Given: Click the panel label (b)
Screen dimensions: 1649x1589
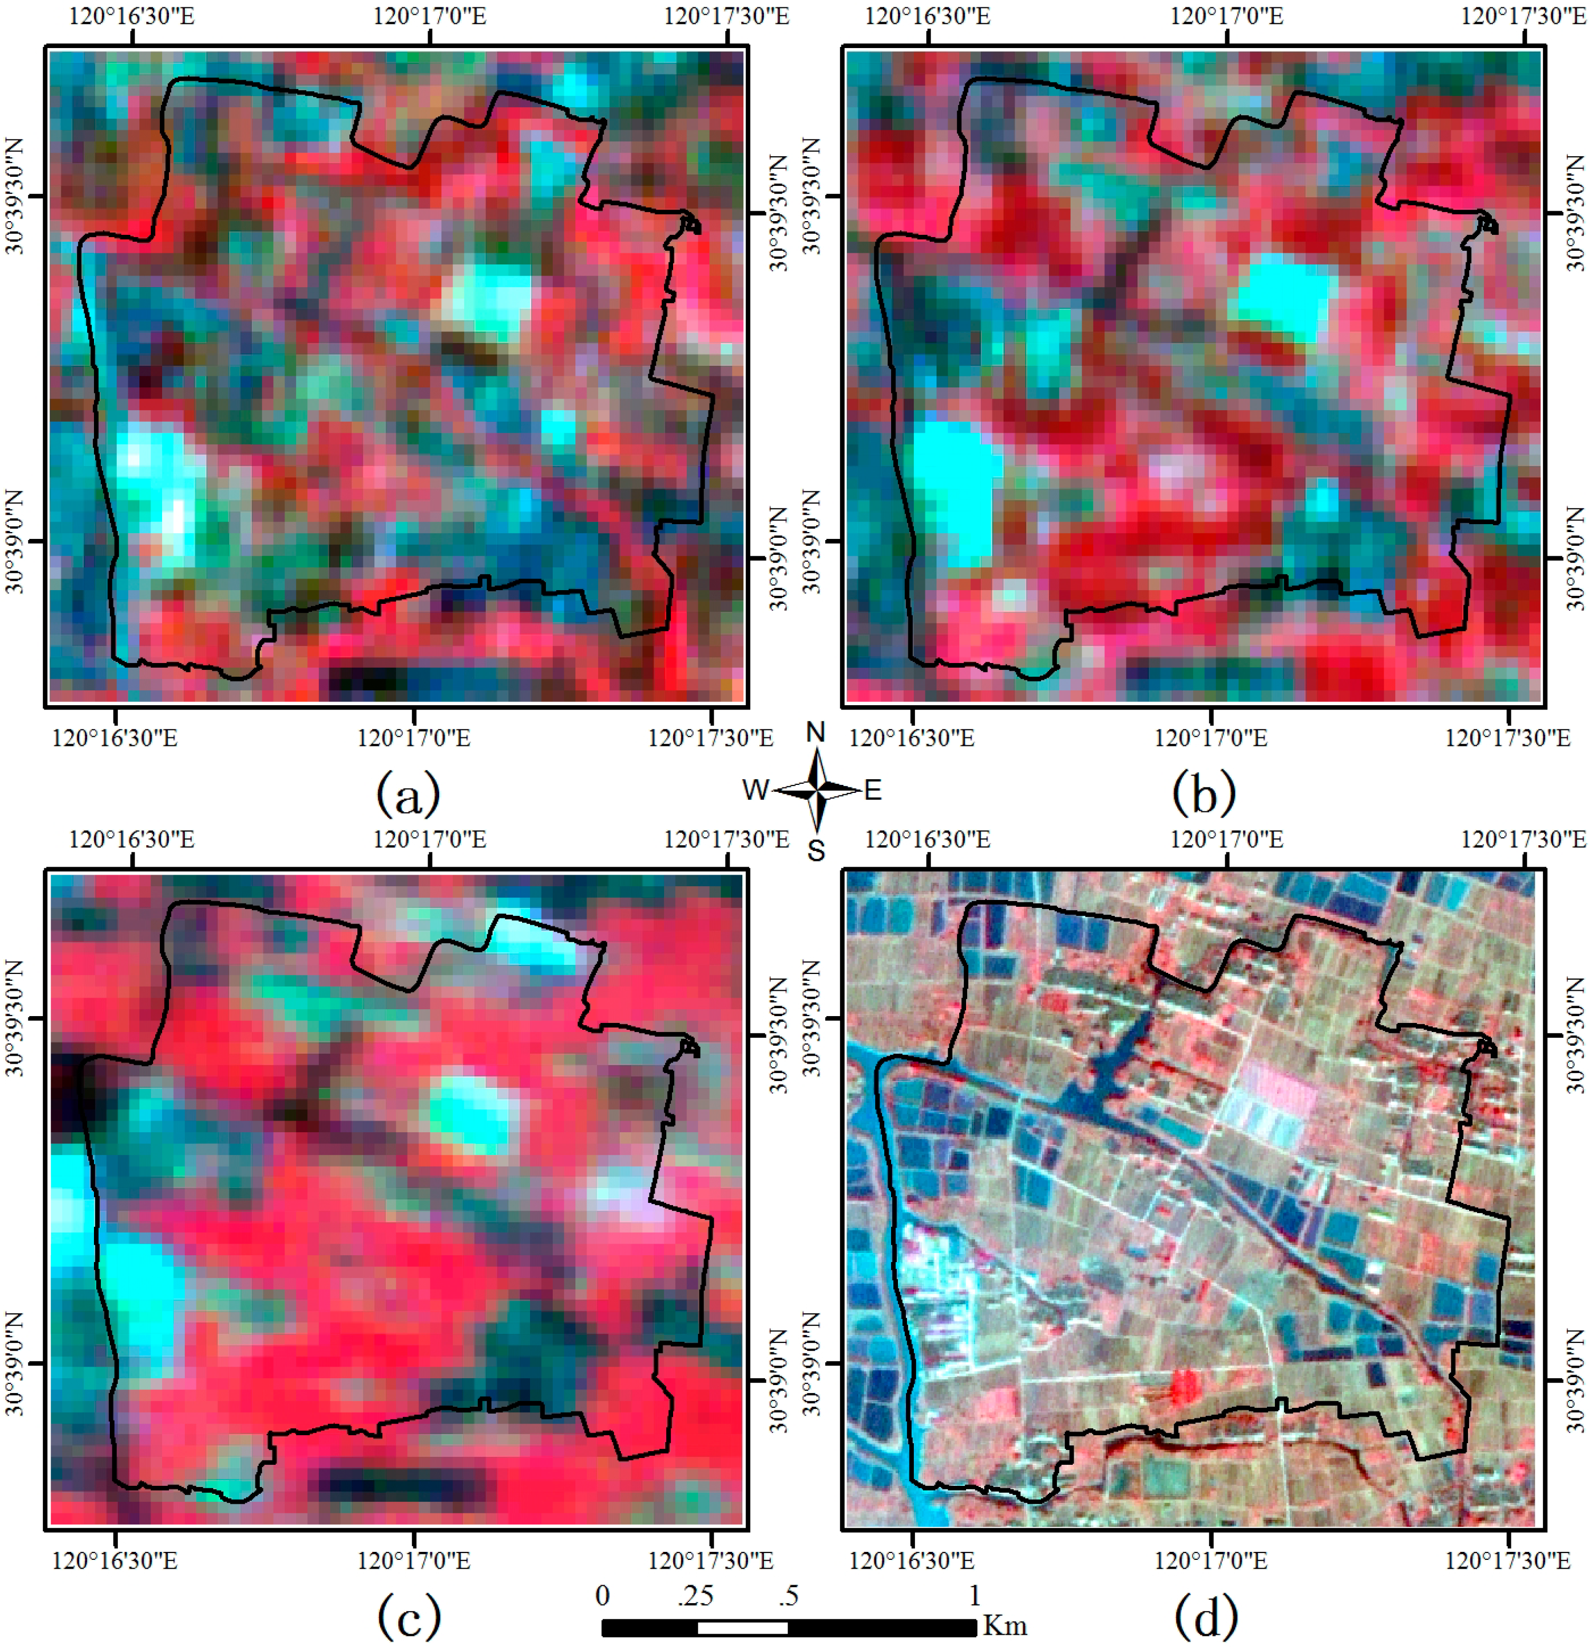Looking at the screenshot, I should pyautogui.click(x=1204, y=793).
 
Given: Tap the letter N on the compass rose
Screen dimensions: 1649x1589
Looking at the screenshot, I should pyautogui.click(x=816, y=733).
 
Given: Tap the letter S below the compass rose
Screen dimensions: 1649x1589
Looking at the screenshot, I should pyautogui.click(x=816, y=851).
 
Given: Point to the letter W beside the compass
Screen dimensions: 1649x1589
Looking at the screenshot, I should pyautogui.click(x=755, y=790).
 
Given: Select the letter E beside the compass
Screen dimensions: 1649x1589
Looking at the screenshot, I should pyautogui.click(x=873, y=790).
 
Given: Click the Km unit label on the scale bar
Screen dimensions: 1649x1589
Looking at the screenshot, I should pyautogui.click(x=1005, y=1625).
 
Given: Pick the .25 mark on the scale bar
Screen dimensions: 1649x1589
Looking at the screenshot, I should pyautogui.click(x=695, y=1595).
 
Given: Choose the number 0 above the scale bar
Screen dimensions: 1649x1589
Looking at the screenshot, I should pyautogui.click(x=603, y=1595).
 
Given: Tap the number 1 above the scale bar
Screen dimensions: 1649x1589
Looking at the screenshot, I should pyautogui.click(x=974, y=1595).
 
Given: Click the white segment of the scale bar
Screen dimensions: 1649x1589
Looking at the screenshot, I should pyautogui.click(x=742, y=1628).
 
